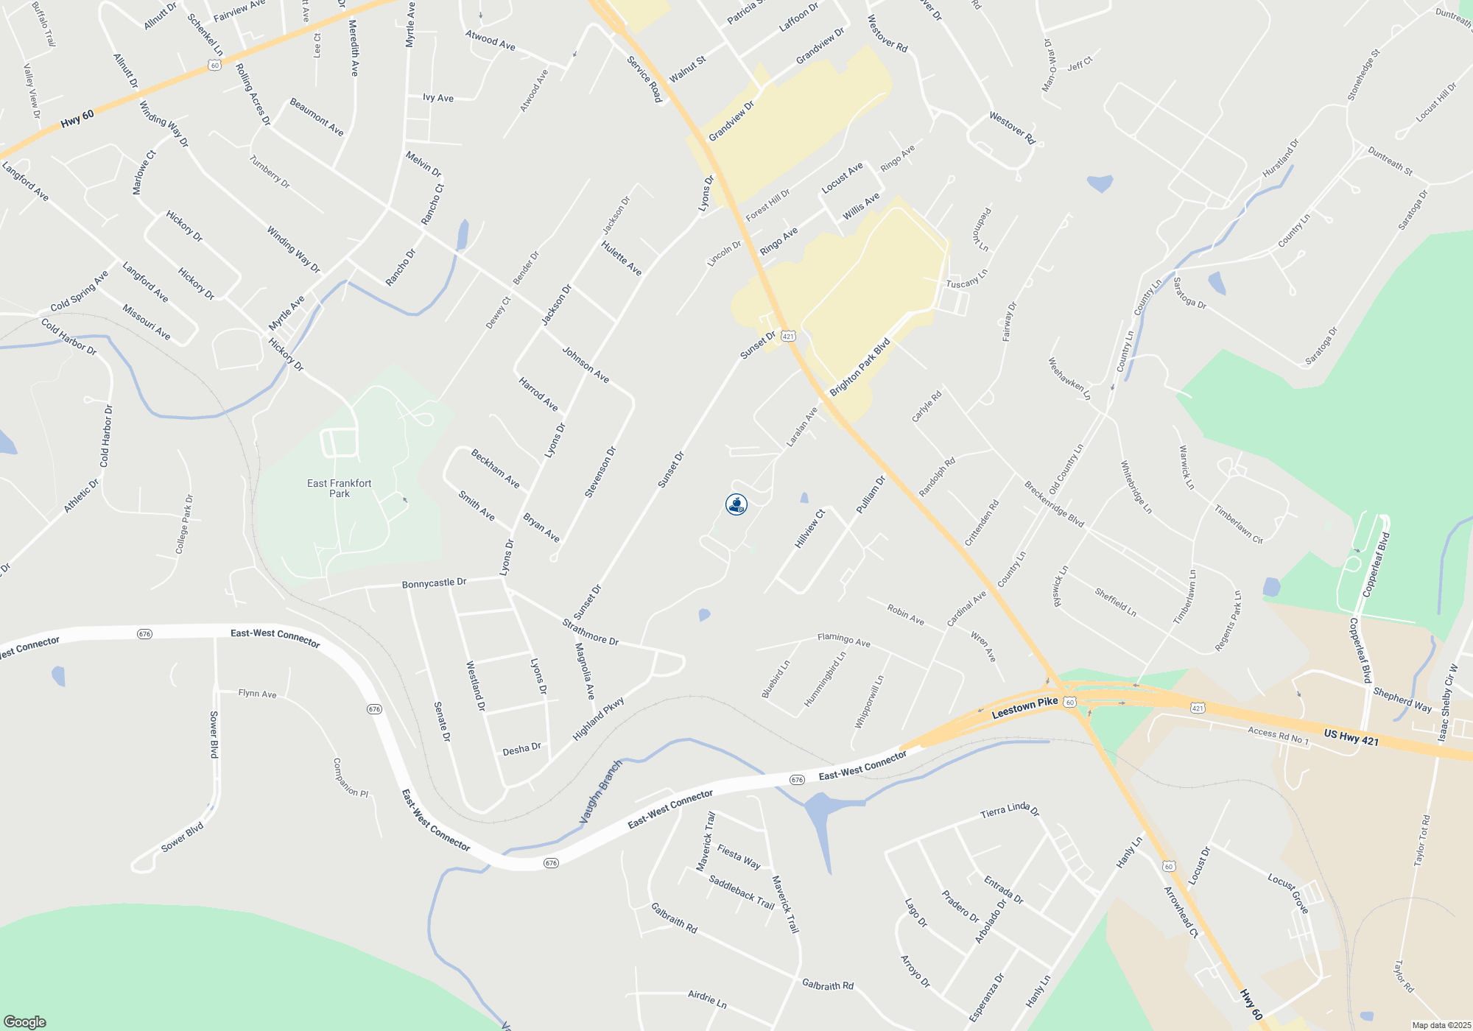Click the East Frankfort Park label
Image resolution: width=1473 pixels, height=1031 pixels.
pyautogui.click(x=340, y=488)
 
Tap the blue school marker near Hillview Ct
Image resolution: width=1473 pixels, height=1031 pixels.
pyautogui.click(x=736, y=504)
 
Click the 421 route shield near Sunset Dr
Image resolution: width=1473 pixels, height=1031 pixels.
pyautogui.click(x=788, y=337)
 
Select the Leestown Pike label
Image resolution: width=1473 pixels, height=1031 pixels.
pyautogui.click(x=1024, y=708)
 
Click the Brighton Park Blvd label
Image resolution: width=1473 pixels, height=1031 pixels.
pyautogui.click(x=860, y=367)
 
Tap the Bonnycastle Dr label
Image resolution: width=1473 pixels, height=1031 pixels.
pyautogui.click(x=434, y=583)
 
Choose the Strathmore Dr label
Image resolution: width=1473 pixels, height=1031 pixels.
pyautogui.click(x=591, y=632)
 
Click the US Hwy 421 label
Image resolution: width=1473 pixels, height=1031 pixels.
pyautogui.click(x=1351, y=737)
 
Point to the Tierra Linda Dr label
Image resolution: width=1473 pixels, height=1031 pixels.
pyautogui.click(x=1010, y=810)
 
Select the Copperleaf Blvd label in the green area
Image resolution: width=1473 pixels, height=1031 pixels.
pyautogui.click(x=1376, y=565)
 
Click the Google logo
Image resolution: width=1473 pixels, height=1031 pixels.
pyautogui.click(x=24, y=1021)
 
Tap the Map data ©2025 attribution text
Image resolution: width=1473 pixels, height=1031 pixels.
pyautogui.click(x=1441, y=1025)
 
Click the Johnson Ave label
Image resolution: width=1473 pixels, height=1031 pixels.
pyautogui.click(x=586, y=365)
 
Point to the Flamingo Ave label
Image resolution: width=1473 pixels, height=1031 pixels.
pyautogui.click(x=844, y=640)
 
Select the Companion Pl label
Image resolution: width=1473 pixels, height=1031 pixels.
pyautogui.click(x=351, y=778)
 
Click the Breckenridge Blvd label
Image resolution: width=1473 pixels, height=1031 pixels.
pyautogui.click(x=1054, y=504)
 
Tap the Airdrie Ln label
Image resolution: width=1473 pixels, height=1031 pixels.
pyautogui.click(x=707, y=999)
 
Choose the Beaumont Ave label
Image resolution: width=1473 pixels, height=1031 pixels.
pyautogui.click(x=317, y=116)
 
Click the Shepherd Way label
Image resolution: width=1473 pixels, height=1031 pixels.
pyautogui.click(x=1402, y=700)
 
